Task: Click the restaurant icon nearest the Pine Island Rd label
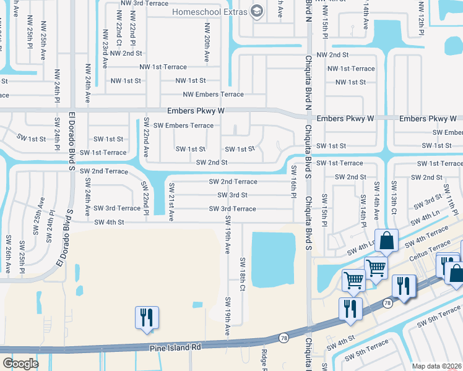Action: click(146, 318)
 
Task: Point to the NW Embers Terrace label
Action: click(213, 95)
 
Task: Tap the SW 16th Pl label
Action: click(294, 182)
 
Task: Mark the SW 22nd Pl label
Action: click(144, 198)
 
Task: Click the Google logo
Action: click(20, 364)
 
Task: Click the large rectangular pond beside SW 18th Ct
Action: click(273, 260)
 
